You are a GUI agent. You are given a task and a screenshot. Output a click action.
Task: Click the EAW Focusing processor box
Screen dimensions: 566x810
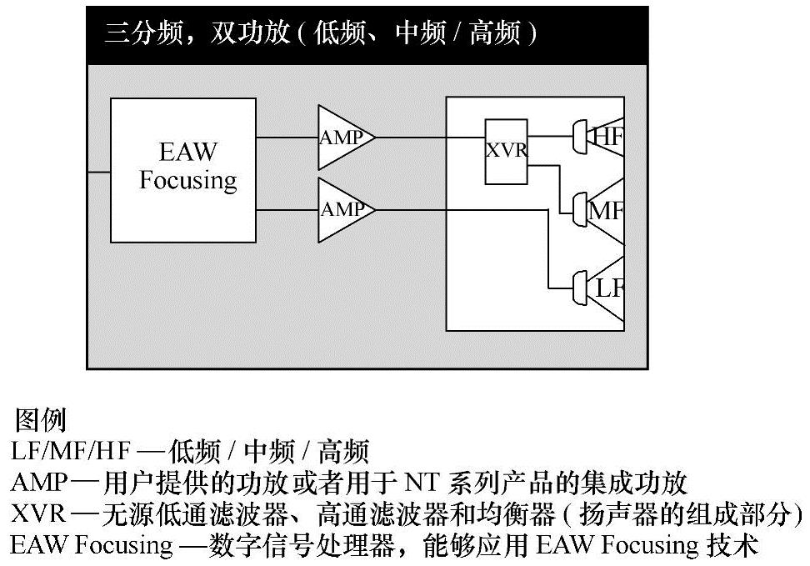coord(183,170)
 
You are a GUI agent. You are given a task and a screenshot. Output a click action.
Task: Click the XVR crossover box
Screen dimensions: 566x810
coord(507,152)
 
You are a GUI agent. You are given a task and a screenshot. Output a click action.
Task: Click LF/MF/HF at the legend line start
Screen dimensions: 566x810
coord(70,452)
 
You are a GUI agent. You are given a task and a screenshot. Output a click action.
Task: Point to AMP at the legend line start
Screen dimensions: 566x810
coord(36,483)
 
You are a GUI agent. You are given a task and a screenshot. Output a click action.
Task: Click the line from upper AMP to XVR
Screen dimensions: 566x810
coord(429,137)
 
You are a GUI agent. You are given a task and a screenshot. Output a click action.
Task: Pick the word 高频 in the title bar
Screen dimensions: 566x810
coord(493,33)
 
